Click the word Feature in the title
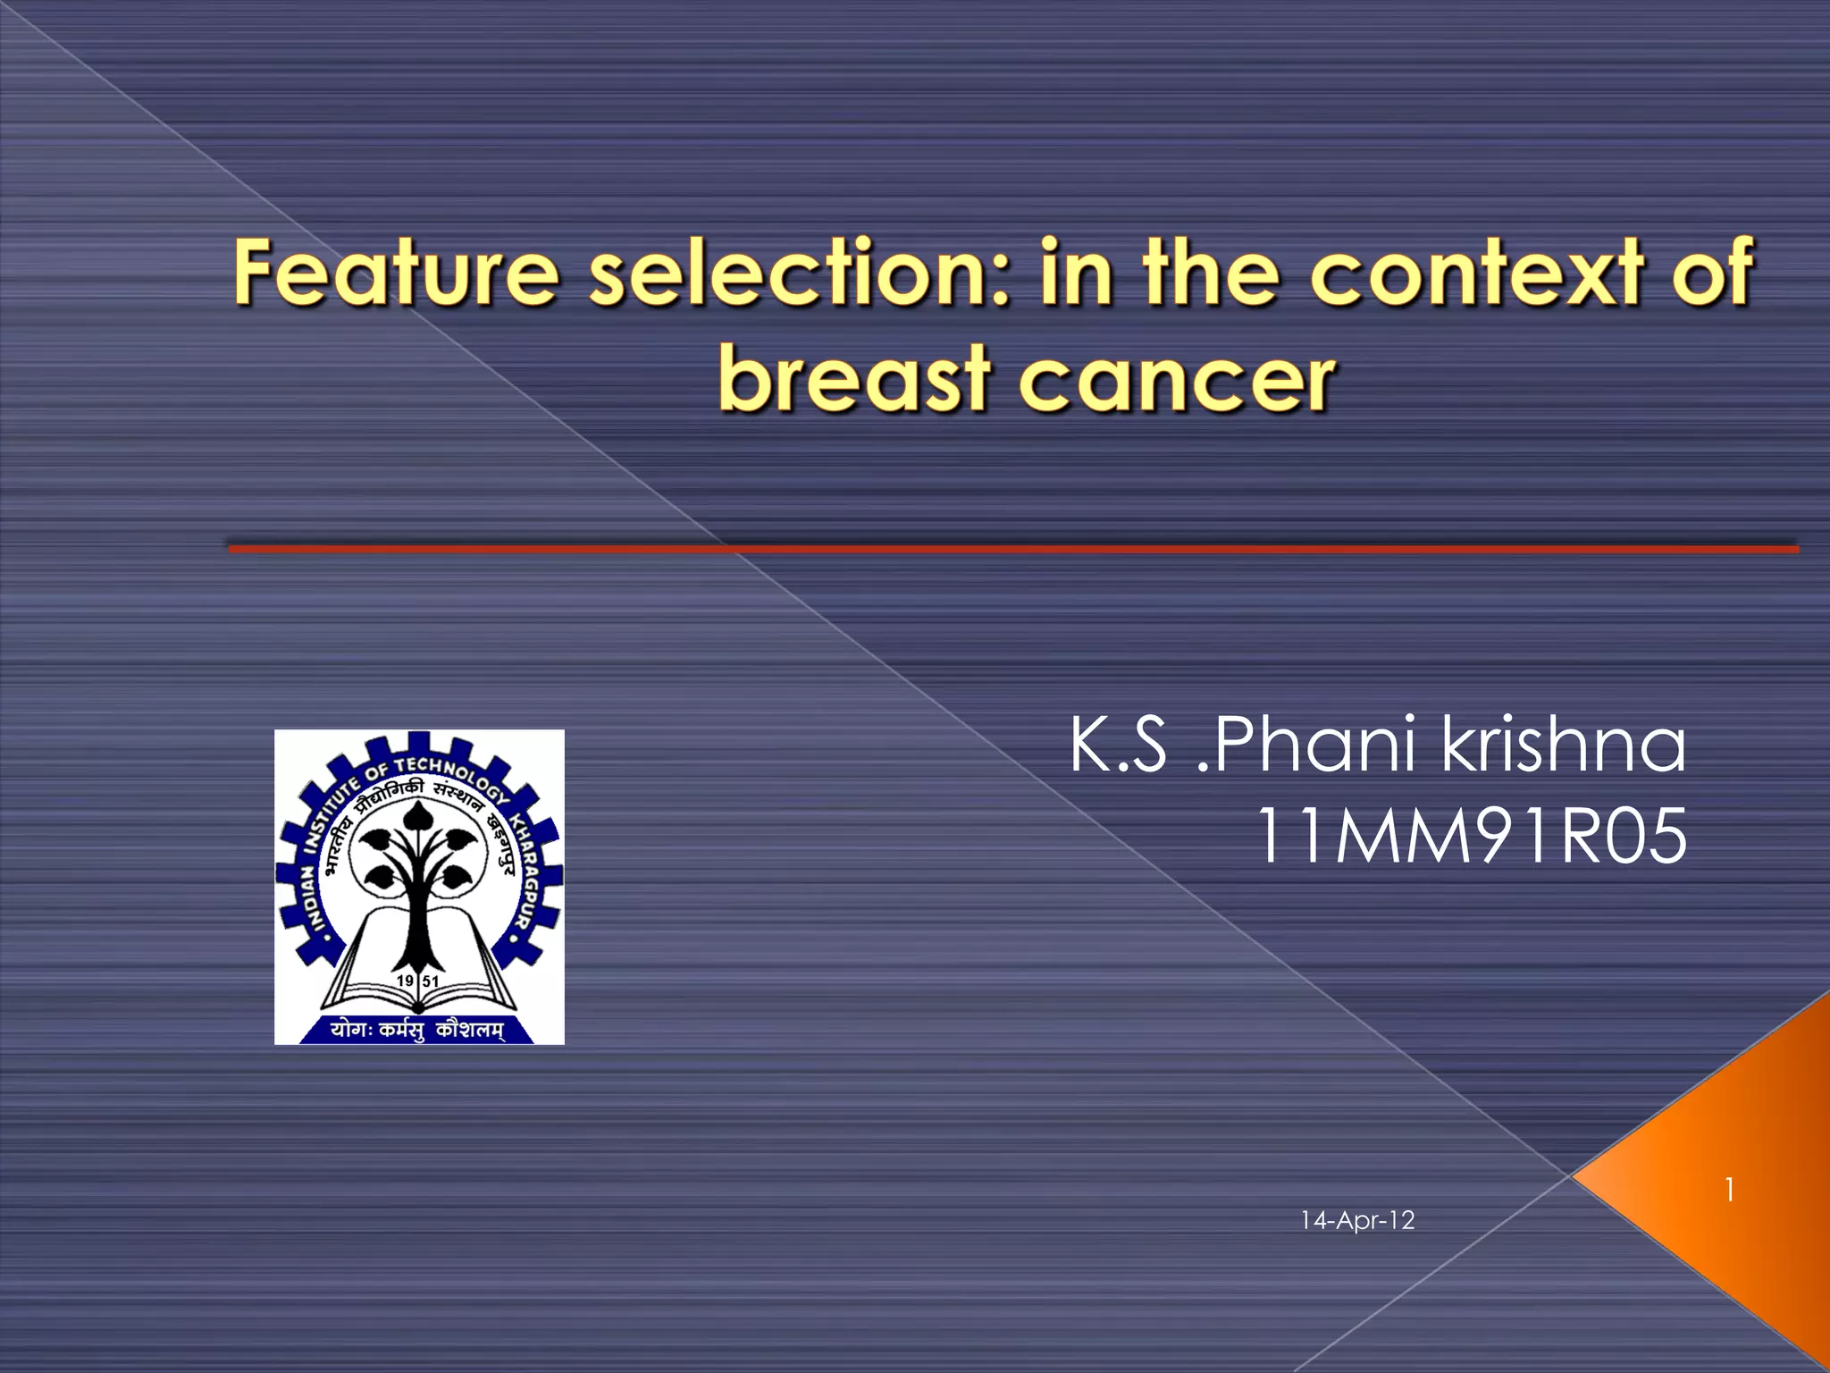tap(396, 272)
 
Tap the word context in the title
tap(1476, 272)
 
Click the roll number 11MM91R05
tap(1471, 836)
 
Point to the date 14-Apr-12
tap(1357, 1220)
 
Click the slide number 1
tap(1730, 1190)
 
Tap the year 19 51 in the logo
tap(418, 981)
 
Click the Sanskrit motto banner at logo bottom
tap(416, 1030)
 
